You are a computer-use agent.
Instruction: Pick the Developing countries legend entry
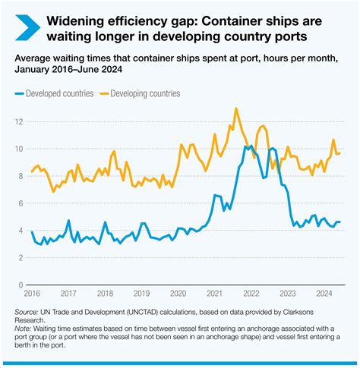coord(140,93)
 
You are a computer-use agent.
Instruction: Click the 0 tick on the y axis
coord(21,285)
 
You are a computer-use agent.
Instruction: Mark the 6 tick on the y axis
coord(21,203)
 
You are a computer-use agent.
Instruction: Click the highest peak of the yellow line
coord(236,109)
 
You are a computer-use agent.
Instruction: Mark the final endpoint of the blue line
coord(339,222)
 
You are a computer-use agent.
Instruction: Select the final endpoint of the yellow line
coord(339,153)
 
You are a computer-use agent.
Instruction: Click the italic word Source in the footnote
coord(27,313)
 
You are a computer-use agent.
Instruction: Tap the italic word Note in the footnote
coord(24,330)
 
